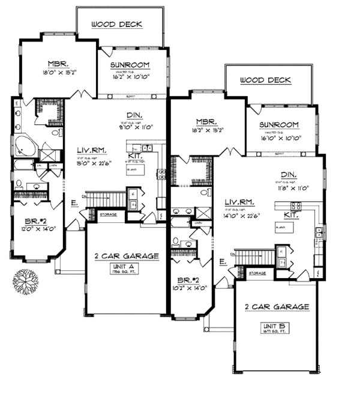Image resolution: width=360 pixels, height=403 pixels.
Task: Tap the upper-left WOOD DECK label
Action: tap(120, 25)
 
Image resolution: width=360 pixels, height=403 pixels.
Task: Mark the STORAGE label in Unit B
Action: tap(257, 273)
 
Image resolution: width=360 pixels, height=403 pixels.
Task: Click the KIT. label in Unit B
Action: tap(292, 213)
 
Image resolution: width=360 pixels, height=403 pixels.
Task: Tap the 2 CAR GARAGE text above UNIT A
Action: tap(127, 256)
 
